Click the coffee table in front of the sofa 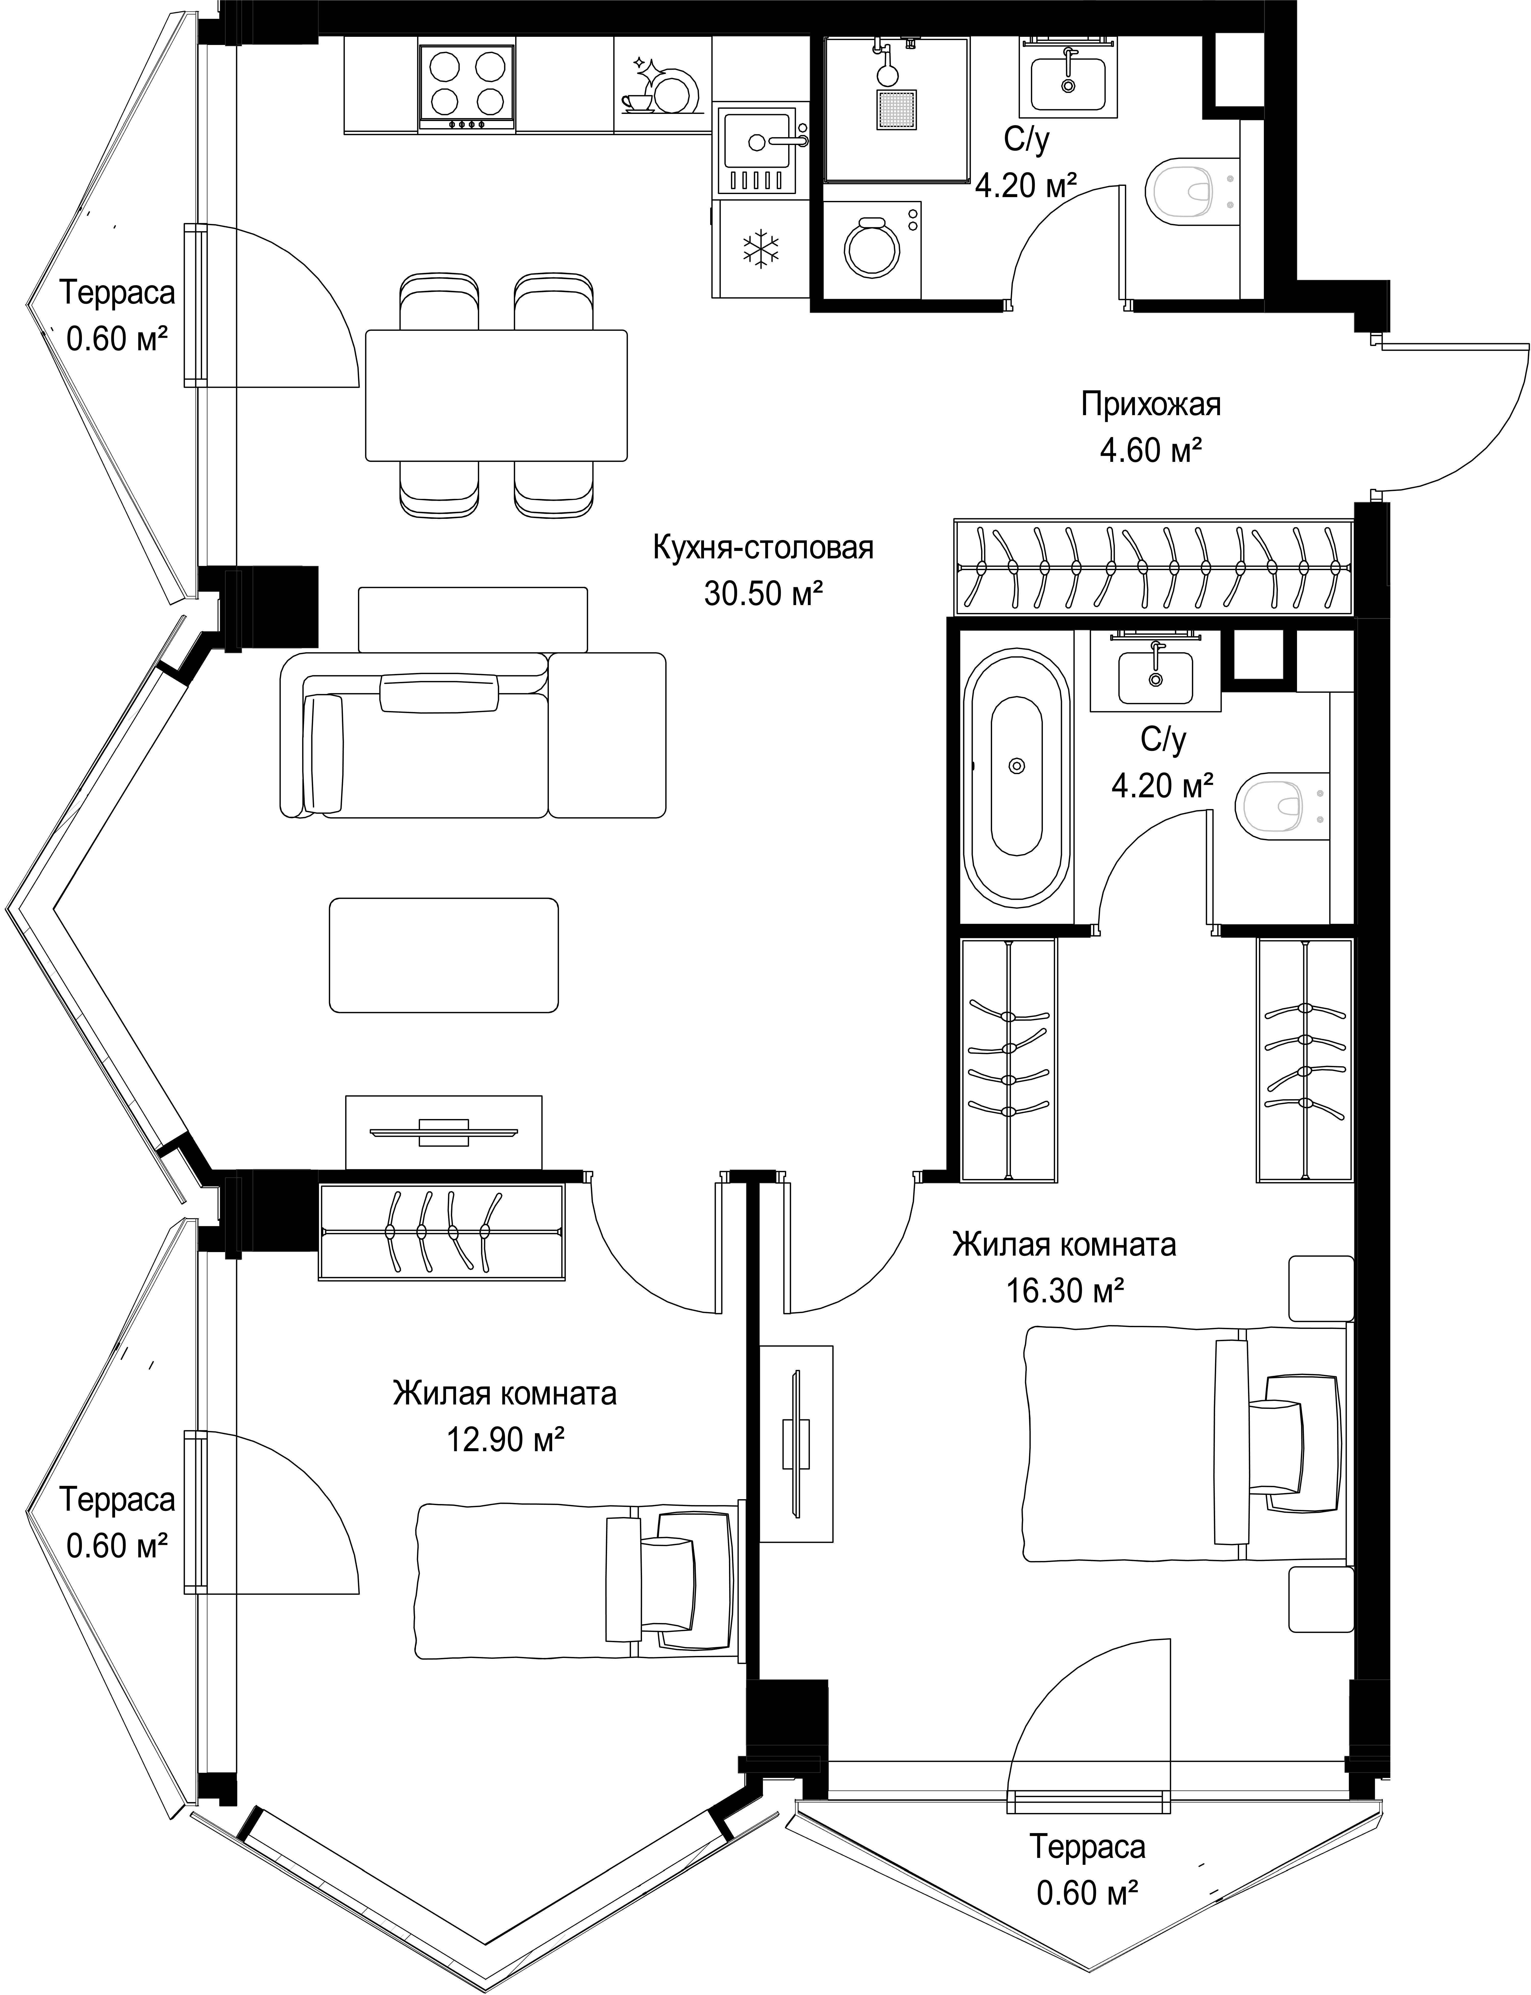(444, 955)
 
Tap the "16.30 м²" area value (1064, 1290)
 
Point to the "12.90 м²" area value (505, 1440)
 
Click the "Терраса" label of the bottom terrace (1087, 1846)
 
